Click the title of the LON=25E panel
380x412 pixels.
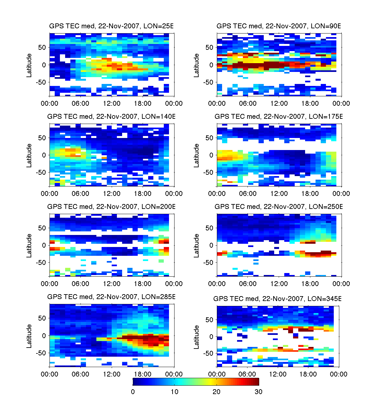coord(111,26)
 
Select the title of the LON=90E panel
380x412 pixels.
coord(279,26)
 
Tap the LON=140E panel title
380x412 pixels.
coord(111,117)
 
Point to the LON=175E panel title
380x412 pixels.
coord(279,117)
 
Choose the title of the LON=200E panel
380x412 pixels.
coord(111,207)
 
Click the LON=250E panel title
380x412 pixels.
coord(279,207)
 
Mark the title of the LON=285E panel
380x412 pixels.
coord(111,297)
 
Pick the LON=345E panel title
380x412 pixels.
coord(277,299)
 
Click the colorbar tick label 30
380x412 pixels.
coord(258,392)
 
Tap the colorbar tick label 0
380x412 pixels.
coord(133,392)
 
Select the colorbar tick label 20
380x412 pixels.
coord(217,392)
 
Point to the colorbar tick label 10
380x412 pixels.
coord(175,392)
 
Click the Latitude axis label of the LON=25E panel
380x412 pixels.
coord(29,65)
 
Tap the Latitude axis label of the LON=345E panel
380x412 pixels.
coord(197,337)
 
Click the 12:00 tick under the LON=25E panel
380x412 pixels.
coord(112,103)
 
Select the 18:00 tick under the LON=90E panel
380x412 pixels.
coord(310,103)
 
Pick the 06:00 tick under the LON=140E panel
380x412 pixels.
coord(80,194)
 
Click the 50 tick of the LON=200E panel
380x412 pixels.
coord(42,228)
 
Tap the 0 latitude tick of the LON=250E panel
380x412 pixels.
coord(211,245)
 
